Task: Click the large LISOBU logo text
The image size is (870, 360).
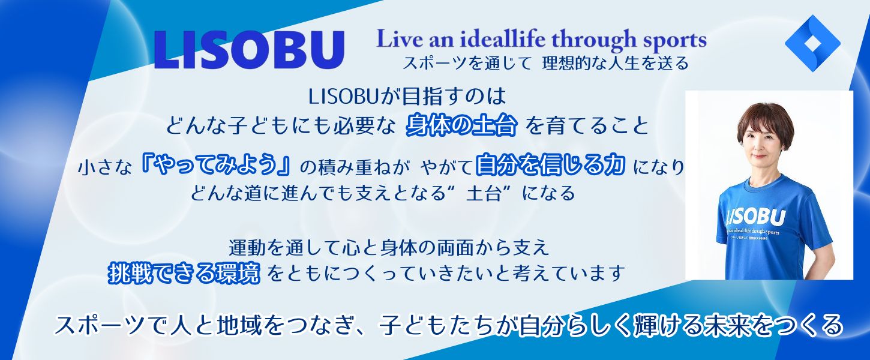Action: point(249,50)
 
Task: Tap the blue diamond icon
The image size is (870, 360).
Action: point(812,43)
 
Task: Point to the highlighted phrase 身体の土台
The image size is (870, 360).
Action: point(461,125)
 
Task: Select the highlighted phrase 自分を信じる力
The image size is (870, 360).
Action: point(550,164)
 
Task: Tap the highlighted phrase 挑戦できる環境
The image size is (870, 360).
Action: point(184,273)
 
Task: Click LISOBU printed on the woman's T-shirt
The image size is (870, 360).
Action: point(755,217)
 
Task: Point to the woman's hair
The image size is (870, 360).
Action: point(765,122)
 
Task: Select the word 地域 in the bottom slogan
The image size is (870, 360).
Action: point(245,325)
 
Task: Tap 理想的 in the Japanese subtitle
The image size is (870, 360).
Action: point(571,63)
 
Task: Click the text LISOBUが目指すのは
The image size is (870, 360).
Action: point(407,97)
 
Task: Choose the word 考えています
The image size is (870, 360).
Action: point(568,274)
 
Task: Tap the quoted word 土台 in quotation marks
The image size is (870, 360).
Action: point(483,193)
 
